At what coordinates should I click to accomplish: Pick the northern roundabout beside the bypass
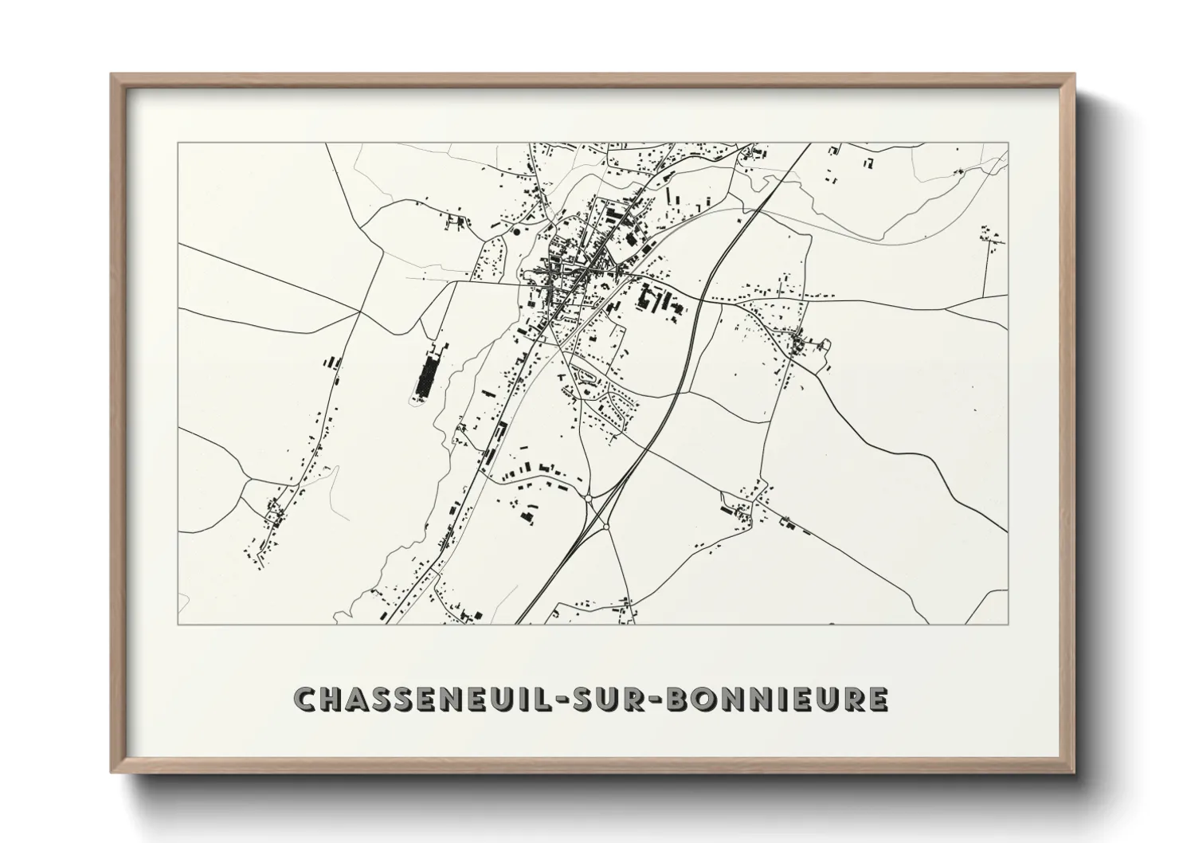click(588, 498)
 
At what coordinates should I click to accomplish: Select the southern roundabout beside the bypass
click(606, 527)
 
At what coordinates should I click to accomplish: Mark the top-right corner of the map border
click(1008, 143)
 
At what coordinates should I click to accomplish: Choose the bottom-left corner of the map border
click(178, 624)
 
